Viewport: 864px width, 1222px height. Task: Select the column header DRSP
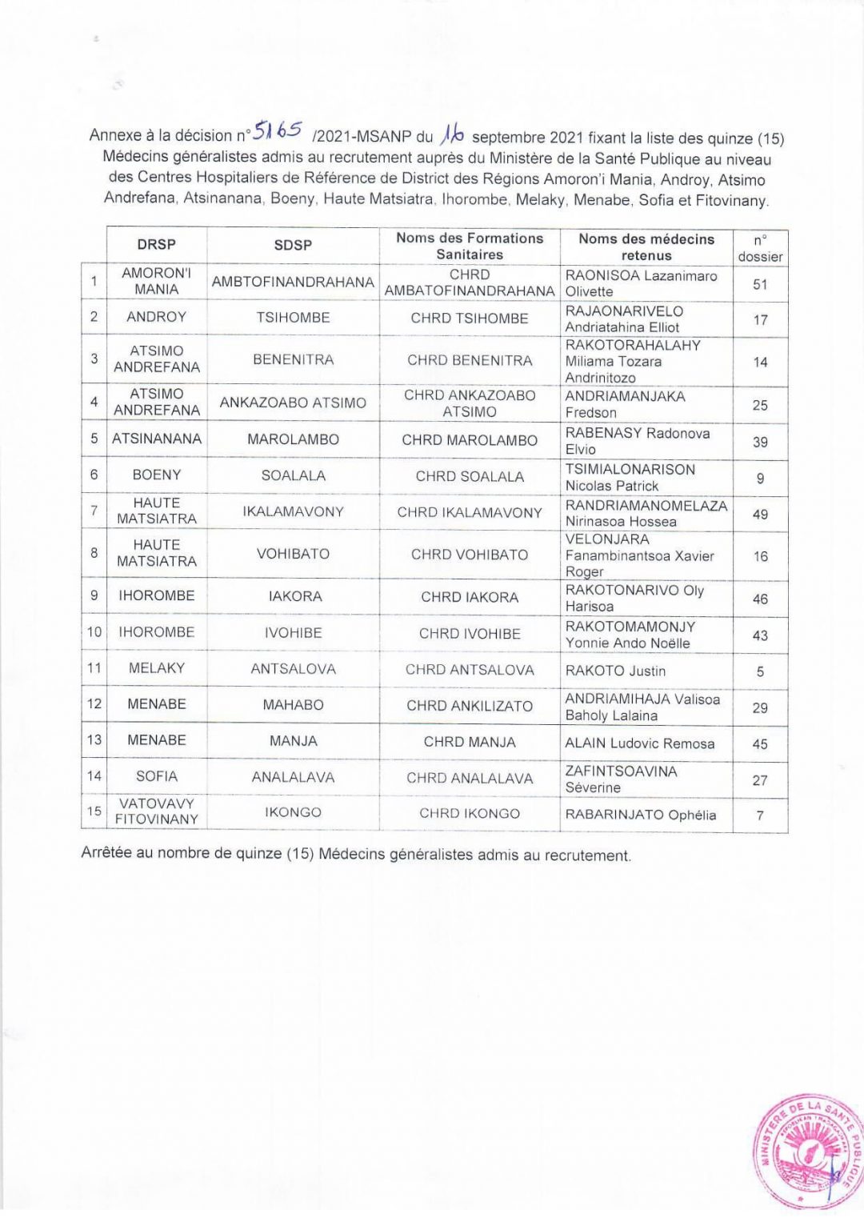click(156, 245)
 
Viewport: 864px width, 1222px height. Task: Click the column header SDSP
click(293, 245)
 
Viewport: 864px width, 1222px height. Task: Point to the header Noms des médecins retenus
click(646, 246)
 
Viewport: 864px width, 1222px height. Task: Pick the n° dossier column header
click(760, 248)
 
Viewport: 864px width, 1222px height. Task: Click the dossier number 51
click(760, 284)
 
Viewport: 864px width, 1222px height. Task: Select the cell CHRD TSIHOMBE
click(470, 319)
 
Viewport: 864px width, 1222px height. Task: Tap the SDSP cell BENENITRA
click(293, 360)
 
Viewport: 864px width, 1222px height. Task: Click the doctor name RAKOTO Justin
click(615, 671)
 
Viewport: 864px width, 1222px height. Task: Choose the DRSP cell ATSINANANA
click(157, 439)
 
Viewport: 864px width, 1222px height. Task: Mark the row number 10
click(94, 632)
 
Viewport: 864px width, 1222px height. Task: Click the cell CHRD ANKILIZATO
click(470, 706)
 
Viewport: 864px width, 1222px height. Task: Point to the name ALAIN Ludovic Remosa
click(639, 743)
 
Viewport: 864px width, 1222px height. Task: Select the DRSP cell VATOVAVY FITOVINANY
click(157, 811)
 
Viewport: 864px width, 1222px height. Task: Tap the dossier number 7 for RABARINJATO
click(760, 815)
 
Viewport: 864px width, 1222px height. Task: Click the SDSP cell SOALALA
click(293, 476)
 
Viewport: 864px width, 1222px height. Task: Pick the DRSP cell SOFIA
click(157, 776)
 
